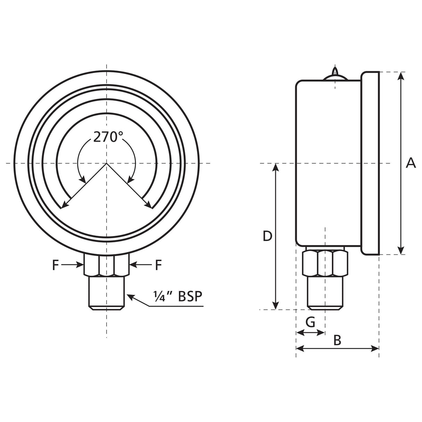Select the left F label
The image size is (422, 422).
pos(56,265)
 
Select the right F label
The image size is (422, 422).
pos(158,265)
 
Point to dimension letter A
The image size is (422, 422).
pos(411,163)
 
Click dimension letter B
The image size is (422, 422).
pos(337,340)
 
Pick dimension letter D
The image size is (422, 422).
pos(267,236)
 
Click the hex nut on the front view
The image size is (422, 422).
pos(106,265)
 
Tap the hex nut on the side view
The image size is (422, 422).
pos(325,263)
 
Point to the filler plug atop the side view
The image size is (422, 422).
pos(335,75)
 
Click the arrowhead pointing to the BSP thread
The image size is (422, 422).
pos(129,296)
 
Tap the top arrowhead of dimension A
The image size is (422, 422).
pos(401,75)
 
